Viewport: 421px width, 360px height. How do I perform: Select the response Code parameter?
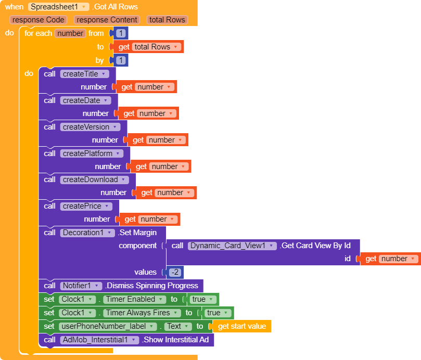click(x=39, y=20)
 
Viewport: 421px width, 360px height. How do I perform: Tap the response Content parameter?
click(x=107, y=20)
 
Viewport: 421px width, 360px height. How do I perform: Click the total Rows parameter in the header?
click(x=167, y=20)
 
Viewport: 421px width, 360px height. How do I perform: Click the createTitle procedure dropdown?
click(x=84, y=74)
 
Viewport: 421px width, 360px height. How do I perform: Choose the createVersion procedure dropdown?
click(x=90, y=127)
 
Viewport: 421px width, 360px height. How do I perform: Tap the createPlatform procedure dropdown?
click(x=92, y=153)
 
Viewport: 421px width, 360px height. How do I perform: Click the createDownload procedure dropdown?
click(x=94, y=179)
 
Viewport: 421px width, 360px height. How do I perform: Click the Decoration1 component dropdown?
click(x=87, y=233)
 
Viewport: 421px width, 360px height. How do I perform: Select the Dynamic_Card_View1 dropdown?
click(x=231, y=246)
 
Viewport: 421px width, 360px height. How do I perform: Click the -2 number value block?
click(x=174, y=272)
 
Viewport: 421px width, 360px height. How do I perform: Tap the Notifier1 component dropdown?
click(x=80, y=286)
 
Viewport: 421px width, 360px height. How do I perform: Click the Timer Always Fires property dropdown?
click(x=142, y=313)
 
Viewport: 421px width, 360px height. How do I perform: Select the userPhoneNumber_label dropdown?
click(x=107, y=326)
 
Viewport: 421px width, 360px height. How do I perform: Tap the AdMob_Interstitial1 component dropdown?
click(x=99, y=340)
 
